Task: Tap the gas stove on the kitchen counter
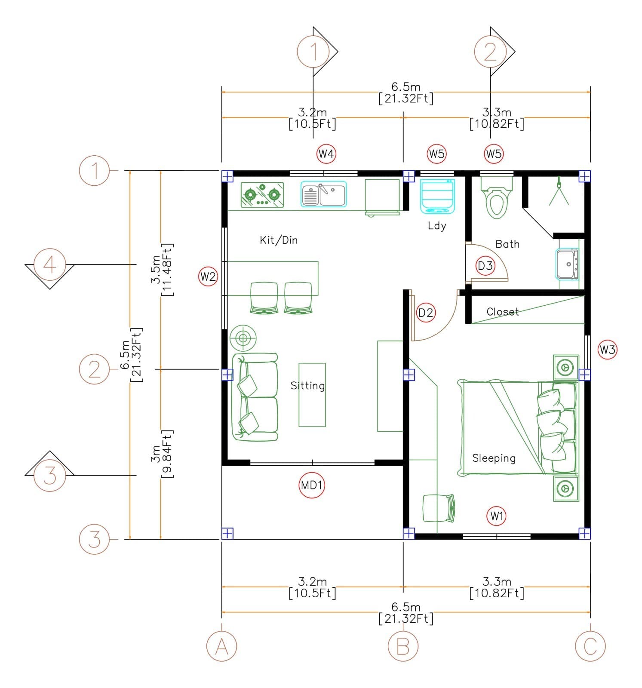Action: pos(262,195)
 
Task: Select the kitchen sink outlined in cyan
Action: pos(323,194)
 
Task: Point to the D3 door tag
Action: pos(485,266)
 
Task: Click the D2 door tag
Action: pos(426,313)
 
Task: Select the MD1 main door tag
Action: pos(311,485)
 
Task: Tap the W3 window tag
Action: pos(607,350)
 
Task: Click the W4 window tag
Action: pos(326,154)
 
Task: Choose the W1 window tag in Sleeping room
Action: pos(497,516)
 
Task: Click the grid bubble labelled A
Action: pos(221,646)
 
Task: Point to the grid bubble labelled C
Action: pos(590,646)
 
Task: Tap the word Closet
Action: pos(502,312)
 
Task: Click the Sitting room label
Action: pos(307,386)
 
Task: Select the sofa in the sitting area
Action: pos(255,398)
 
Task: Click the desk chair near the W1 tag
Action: pos(439,508)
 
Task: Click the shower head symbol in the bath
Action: pos(559,191)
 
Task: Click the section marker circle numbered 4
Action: pos(49,264)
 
